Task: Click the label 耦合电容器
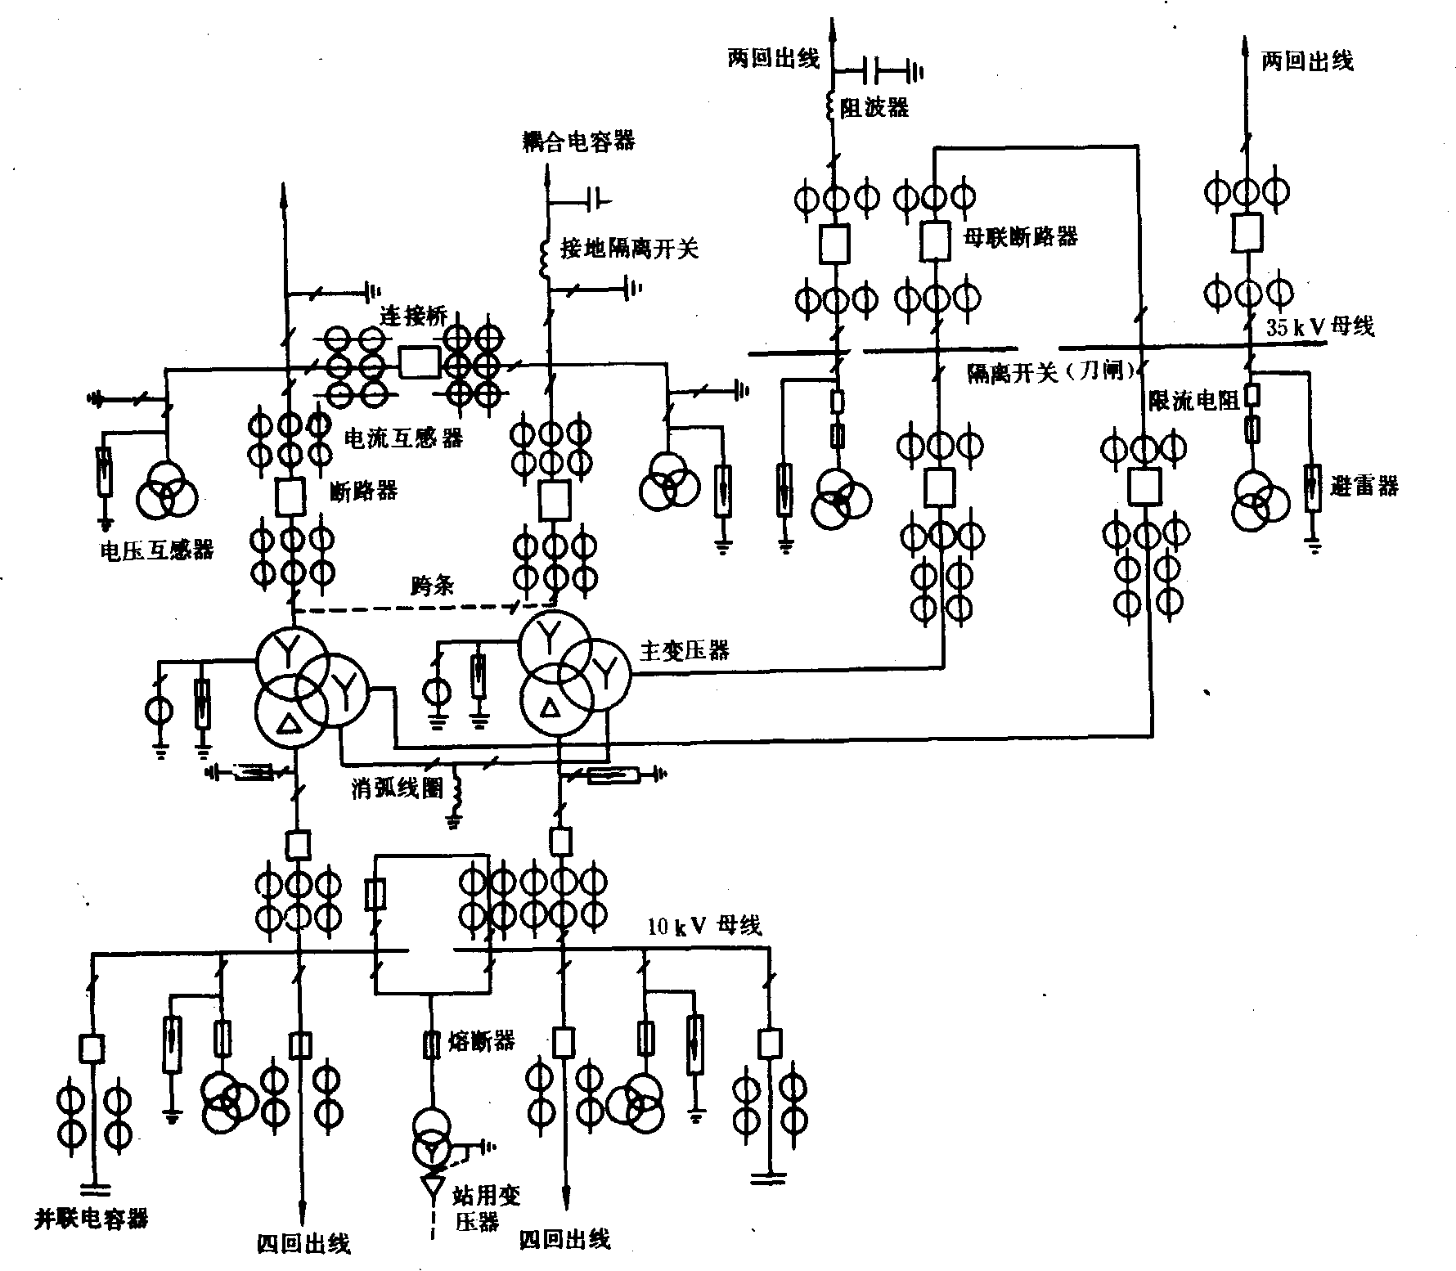(579, 141)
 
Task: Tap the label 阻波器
(874, 108)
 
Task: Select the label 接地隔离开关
(629, 248)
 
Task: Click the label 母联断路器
(1020, 237)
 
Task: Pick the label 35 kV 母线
(1320, 327)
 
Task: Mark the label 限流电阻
(1195, 400)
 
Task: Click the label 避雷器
(1364, 487)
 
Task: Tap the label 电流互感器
(405, 438)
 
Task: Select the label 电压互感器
(156, 550)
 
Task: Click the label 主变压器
(684, 651)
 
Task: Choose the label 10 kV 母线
(704, 927)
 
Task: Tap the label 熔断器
(482, 1040)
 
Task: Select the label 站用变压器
(486, 1208)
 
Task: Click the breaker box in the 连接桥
(419, 362)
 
